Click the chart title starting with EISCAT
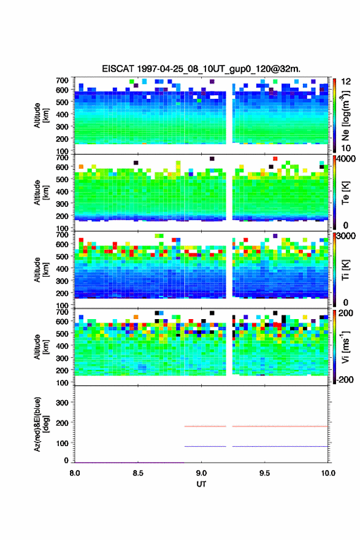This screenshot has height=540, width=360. click(x=201, y=69)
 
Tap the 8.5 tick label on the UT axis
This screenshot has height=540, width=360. click(x=137, y=473)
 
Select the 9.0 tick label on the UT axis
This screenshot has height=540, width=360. click(x=201, y=473)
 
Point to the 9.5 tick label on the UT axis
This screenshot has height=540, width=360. click(x=264, y=473)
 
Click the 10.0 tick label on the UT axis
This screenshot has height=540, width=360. click(x=328, y=473)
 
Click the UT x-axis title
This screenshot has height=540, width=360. click(x=201, y=484)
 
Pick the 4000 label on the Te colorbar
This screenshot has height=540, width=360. click(x=346, y=160)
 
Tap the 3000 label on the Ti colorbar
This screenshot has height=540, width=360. click(x=346, y=237)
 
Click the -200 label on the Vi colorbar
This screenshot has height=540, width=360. click(x=345, y=379)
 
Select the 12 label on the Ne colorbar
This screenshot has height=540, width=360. click(x=346, y=82)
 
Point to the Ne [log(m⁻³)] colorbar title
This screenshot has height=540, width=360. click(x=345, y=115)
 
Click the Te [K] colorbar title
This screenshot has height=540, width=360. click(x=345, y=193)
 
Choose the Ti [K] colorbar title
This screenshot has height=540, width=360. click(x=345, y=269)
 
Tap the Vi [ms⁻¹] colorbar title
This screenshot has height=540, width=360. click(x=345, y=347)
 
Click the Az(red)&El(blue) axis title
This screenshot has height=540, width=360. click(x=40, y=424)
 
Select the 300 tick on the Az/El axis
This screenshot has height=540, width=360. click(x=63, y=403)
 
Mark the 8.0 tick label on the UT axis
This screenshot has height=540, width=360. click(x=74, y=473)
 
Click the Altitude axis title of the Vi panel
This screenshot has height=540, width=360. click(x=40, y=347)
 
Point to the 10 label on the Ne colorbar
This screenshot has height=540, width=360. click(x=346, y=148)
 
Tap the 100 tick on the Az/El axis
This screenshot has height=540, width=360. click(x=63, y=443)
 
